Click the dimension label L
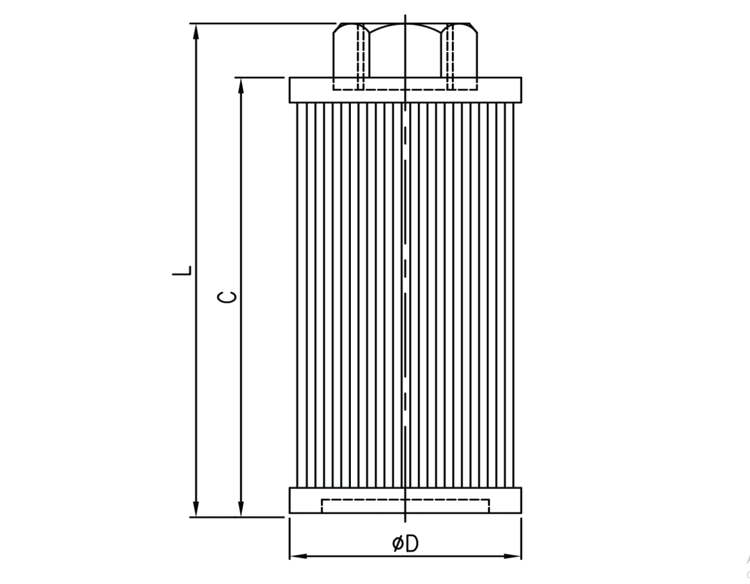182,271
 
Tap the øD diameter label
405,544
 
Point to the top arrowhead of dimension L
196,31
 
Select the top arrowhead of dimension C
241,85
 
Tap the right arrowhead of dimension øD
513,556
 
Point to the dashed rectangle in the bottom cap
405,505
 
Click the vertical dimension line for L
196,166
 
